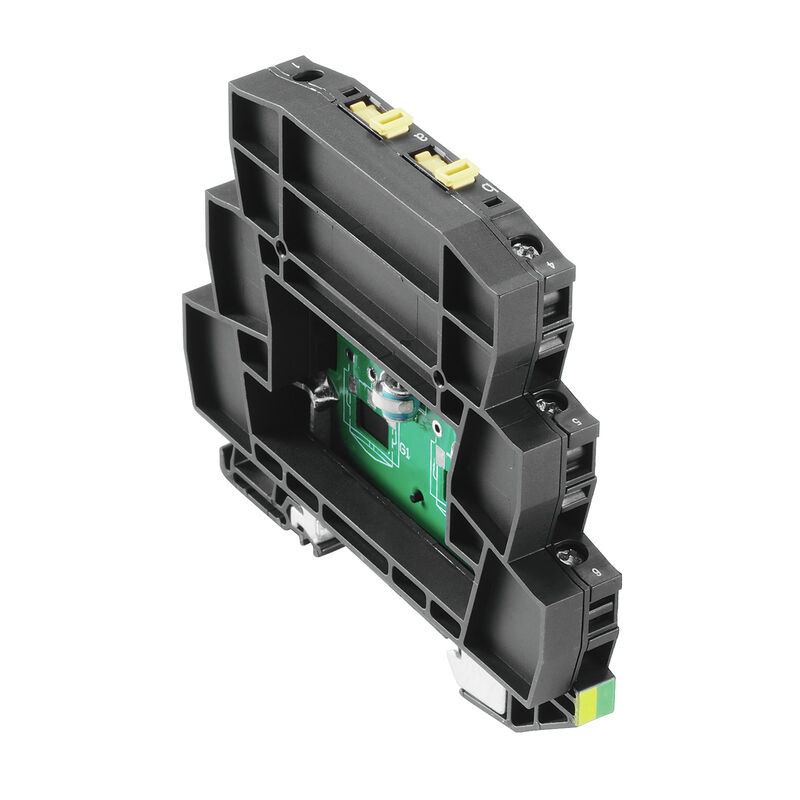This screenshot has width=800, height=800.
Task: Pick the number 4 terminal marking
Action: click(x=557, y=267)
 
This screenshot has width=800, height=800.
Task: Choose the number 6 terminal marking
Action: click(x=599, y=571)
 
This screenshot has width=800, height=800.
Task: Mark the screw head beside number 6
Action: click(x=567, y=552)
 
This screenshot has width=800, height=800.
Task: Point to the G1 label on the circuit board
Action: click(x=404, y=452)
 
